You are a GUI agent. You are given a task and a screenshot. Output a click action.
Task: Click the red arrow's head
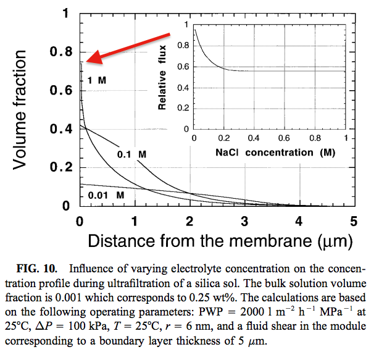(94, 58)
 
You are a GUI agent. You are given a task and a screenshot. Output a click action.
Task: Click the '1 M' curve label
(97, 80)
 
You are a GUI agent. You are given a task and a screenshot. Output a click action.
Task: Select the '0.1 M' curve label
(131, 154)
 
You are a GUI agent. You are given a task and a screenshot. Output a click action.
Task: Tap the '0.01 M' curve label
(106, 195)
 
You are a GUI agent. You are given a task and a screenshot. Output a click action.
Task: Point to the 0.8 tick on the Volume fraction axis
(61, 52)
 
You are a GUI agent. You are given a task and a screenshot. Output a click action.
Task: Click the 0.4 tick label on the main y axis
(61, 129)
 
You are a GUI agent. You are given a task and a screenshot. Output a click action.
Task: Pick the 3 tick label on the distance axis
(244, 221)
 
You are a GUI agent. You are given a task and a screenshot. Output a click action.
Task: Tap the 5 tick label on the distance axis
(354, 221)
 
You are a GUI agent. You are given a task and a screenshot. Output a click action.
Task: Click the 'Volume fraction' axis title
(20, 110)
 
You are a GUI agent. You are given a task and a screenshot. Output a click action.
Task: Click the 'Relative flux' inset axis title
(162, 77)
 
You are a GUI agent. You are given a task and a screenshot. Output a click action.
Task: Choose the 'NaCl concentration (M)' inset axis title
(275, 153)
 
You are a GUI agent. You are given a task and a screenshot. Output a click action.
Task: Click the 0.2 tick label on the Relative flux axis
(183, 108)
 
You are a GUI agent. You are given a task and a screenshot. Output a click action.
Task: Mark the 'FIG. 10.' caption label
(37, 269)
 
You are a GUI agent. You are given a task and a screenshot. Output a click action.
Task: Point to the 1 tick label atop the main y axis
(65, 14)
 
